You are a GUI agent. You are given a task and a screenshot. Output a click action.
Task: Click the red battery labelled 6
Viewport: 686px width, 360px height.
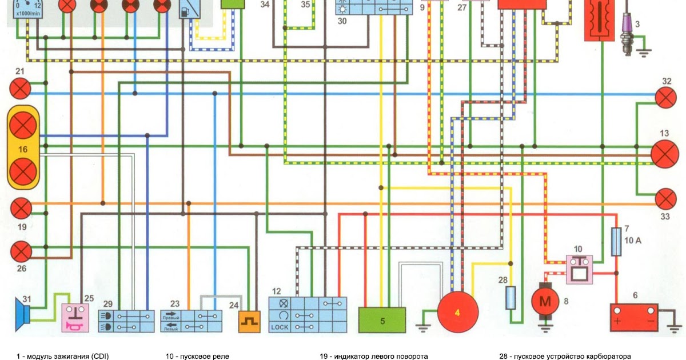coord(635,318)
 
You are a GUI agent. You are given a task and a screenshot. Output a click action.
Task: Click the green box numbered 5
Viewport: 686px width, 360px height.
coord(382,319)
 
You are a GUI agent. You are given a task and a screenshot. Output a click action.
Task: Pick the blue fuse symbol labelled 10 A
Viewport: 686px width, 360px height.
coord(616,242)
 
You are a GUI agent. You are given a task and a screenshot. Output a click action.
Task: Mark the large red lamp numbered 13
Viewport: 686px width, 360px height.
coord(665,154)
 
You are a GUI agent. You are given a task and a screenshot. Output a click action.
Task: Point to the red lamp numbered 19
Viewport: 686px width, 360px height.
coord(22,207)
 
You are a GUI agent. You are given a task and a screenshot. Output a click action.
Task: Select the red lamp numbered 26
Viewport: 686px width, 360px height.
coord(22,250)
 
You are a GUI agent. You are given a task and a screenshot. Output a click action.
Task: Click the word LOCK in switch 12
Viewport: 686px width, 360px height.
coord(281,327)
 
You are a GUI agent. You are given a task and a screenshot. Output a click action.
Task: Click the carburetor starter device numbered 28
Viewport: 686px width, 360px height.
coord(511,297)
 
